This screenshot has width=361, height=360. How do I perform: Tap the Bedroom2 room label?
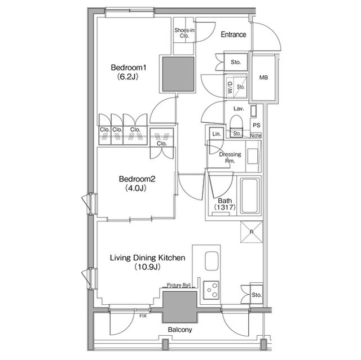click(137, 180)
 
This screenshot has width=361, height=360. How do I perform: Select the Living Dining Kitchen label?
click(147, 258)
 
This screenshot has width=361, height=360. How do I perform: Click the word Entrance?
click(233, 35)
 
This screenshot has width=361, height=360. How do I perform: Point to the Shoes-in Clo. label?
click(184, 33)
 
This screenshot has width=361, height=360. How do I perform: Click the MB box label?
click(263, 78)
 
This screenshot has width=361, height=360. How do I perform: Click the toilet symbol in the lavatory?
click(236, 123)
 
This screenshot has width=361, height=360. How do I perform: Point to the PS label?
click(257, 125)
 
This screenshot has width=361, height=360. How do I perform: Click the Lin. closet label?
click(216, 134)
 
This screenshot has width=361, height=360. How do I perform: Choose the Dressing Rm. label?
click(230, 157)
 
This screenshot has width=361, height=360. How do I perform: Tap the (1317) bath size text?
click(224, 208)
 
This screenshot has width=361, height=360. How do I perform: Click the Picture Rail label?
click(181, 286)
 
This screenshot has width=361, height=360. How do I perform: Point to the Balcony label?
click(180, 330)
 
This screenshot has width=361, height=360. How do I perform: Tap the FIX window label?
click(143, 317)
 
